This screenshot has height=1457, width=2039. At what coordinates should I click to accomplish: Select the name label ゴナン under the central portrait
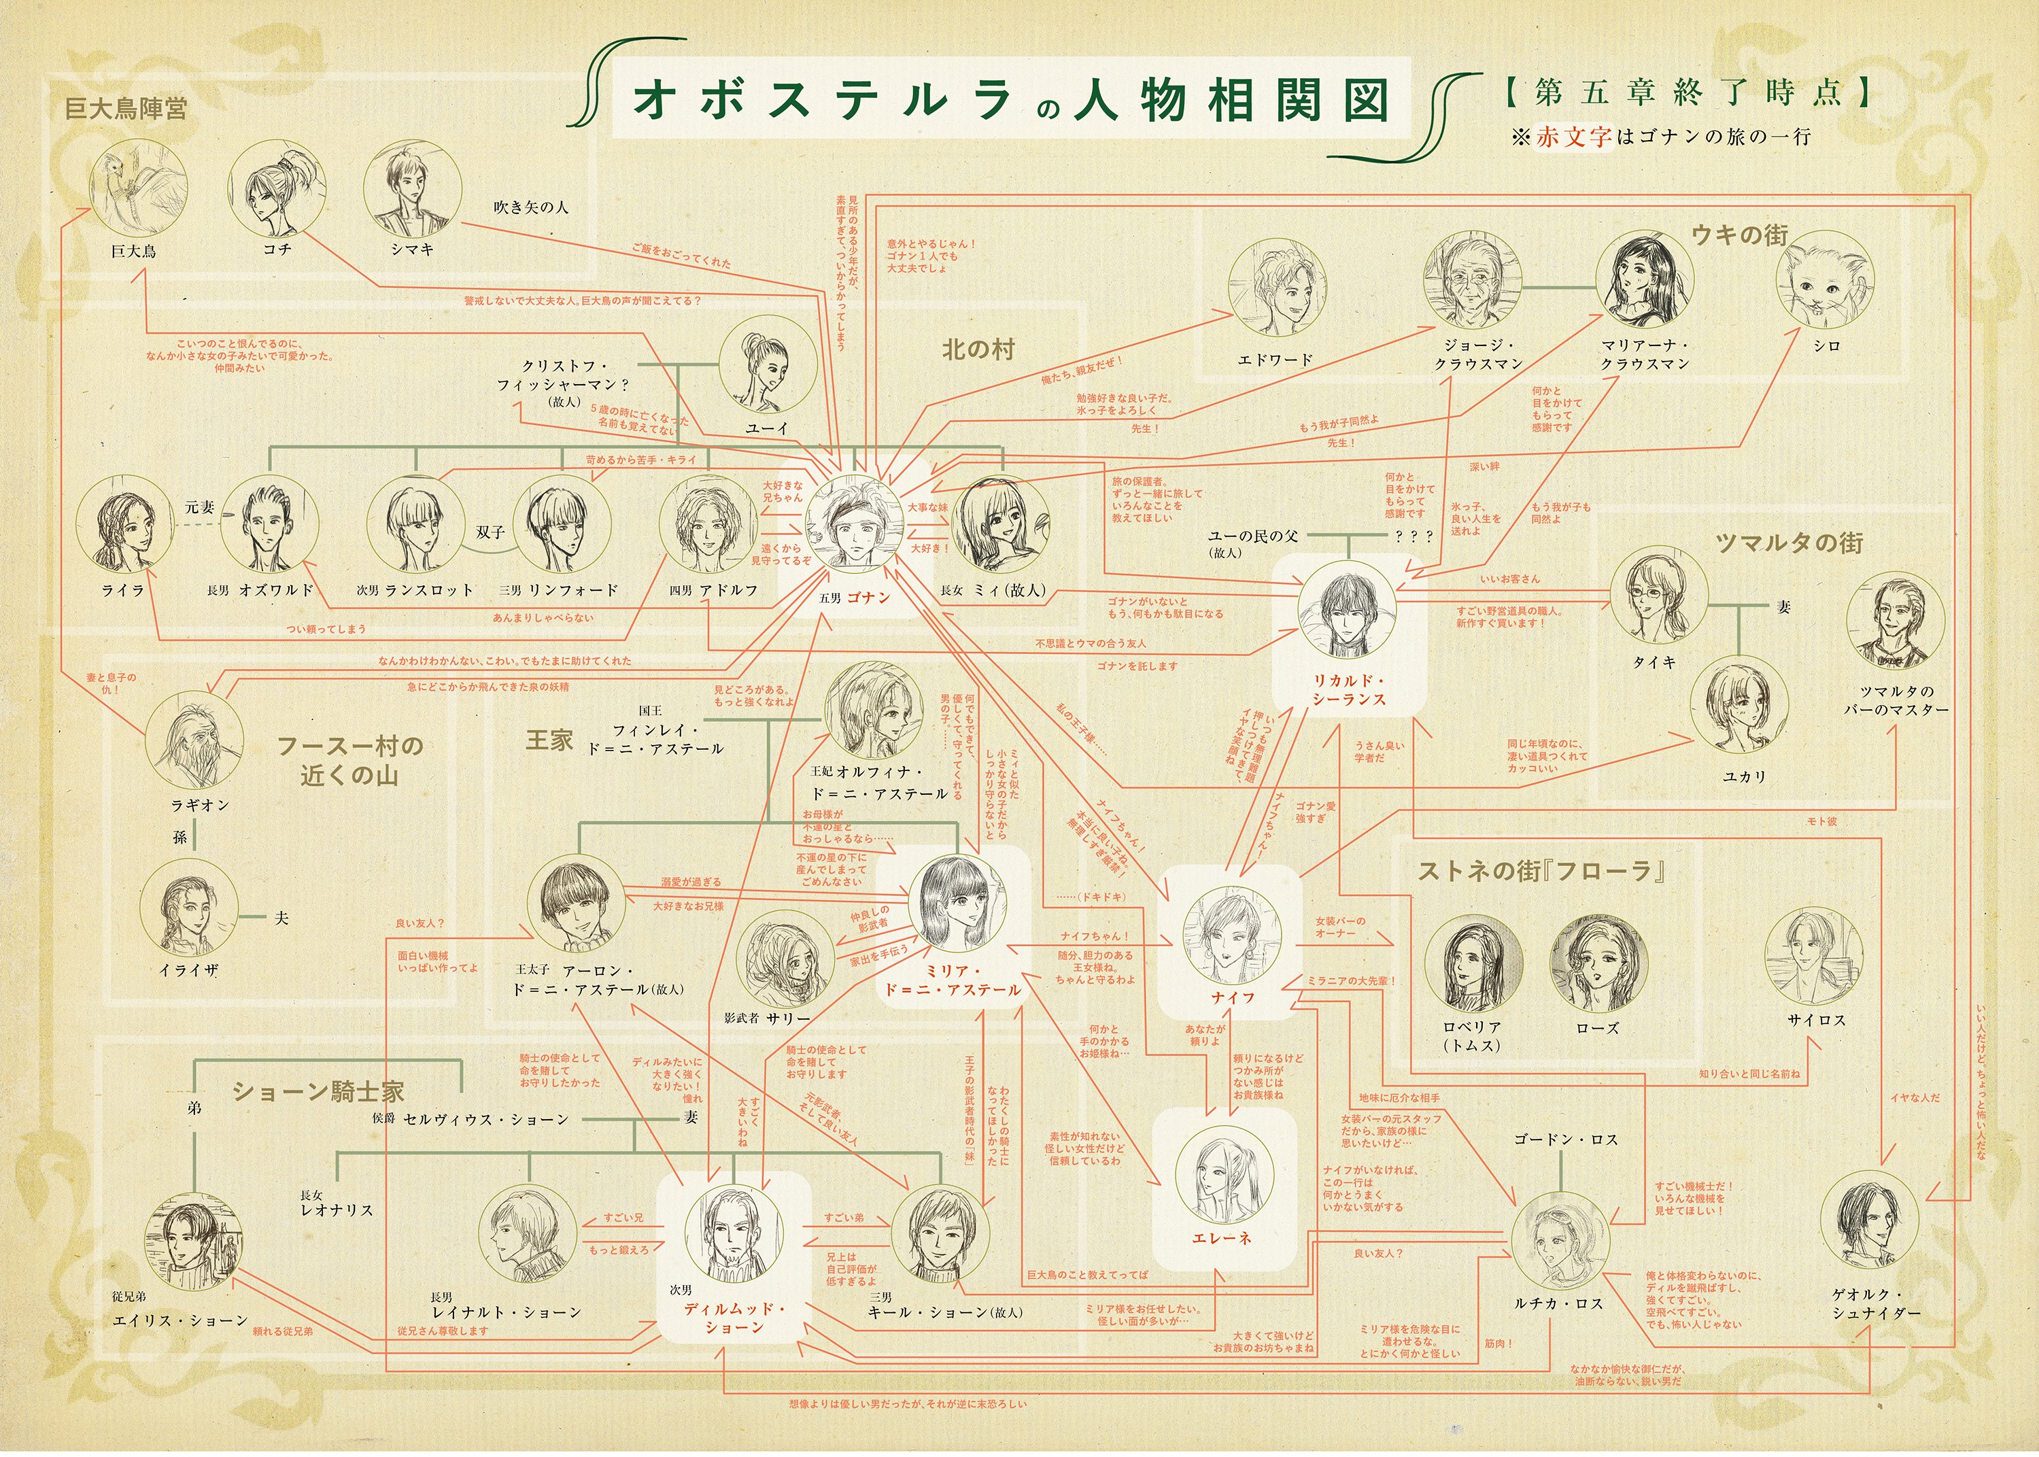click(x=867, y=598)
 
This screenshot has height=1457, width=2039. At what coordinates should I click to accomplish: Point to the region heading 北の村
click(x=978, y=350)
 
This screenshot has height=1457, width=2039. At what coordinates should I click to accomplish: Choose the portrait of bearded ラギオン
click(x=194, y=740)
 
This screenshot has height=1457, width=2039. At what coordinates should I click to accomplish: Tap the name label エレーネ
click(x=1221, y=1238)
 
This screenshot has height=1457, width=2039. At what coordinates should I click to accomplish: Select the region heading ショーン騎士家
click(x=318, y=1092)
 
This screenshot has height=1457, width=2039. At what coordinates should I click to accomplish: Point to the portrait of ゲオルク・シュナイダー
click(x=1870, y=1221)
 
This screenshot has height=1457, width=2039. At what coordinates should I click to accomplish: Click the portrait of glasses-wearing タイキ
click(x=1658, y=595)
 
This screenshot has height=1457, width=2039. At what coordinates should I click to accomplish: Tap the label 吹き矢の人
click(x=530, y=207)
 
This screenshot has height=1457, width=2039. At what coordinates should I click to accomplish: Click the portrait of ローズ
click(x=1598, y=965)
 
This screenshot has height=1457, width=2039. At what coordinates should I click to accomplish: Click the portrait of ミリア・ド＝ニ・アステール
click(x=957, y=904)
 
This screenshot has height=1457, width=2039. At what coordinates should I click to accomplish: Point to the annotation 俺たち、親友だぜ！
click(x=1081, y=371)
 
